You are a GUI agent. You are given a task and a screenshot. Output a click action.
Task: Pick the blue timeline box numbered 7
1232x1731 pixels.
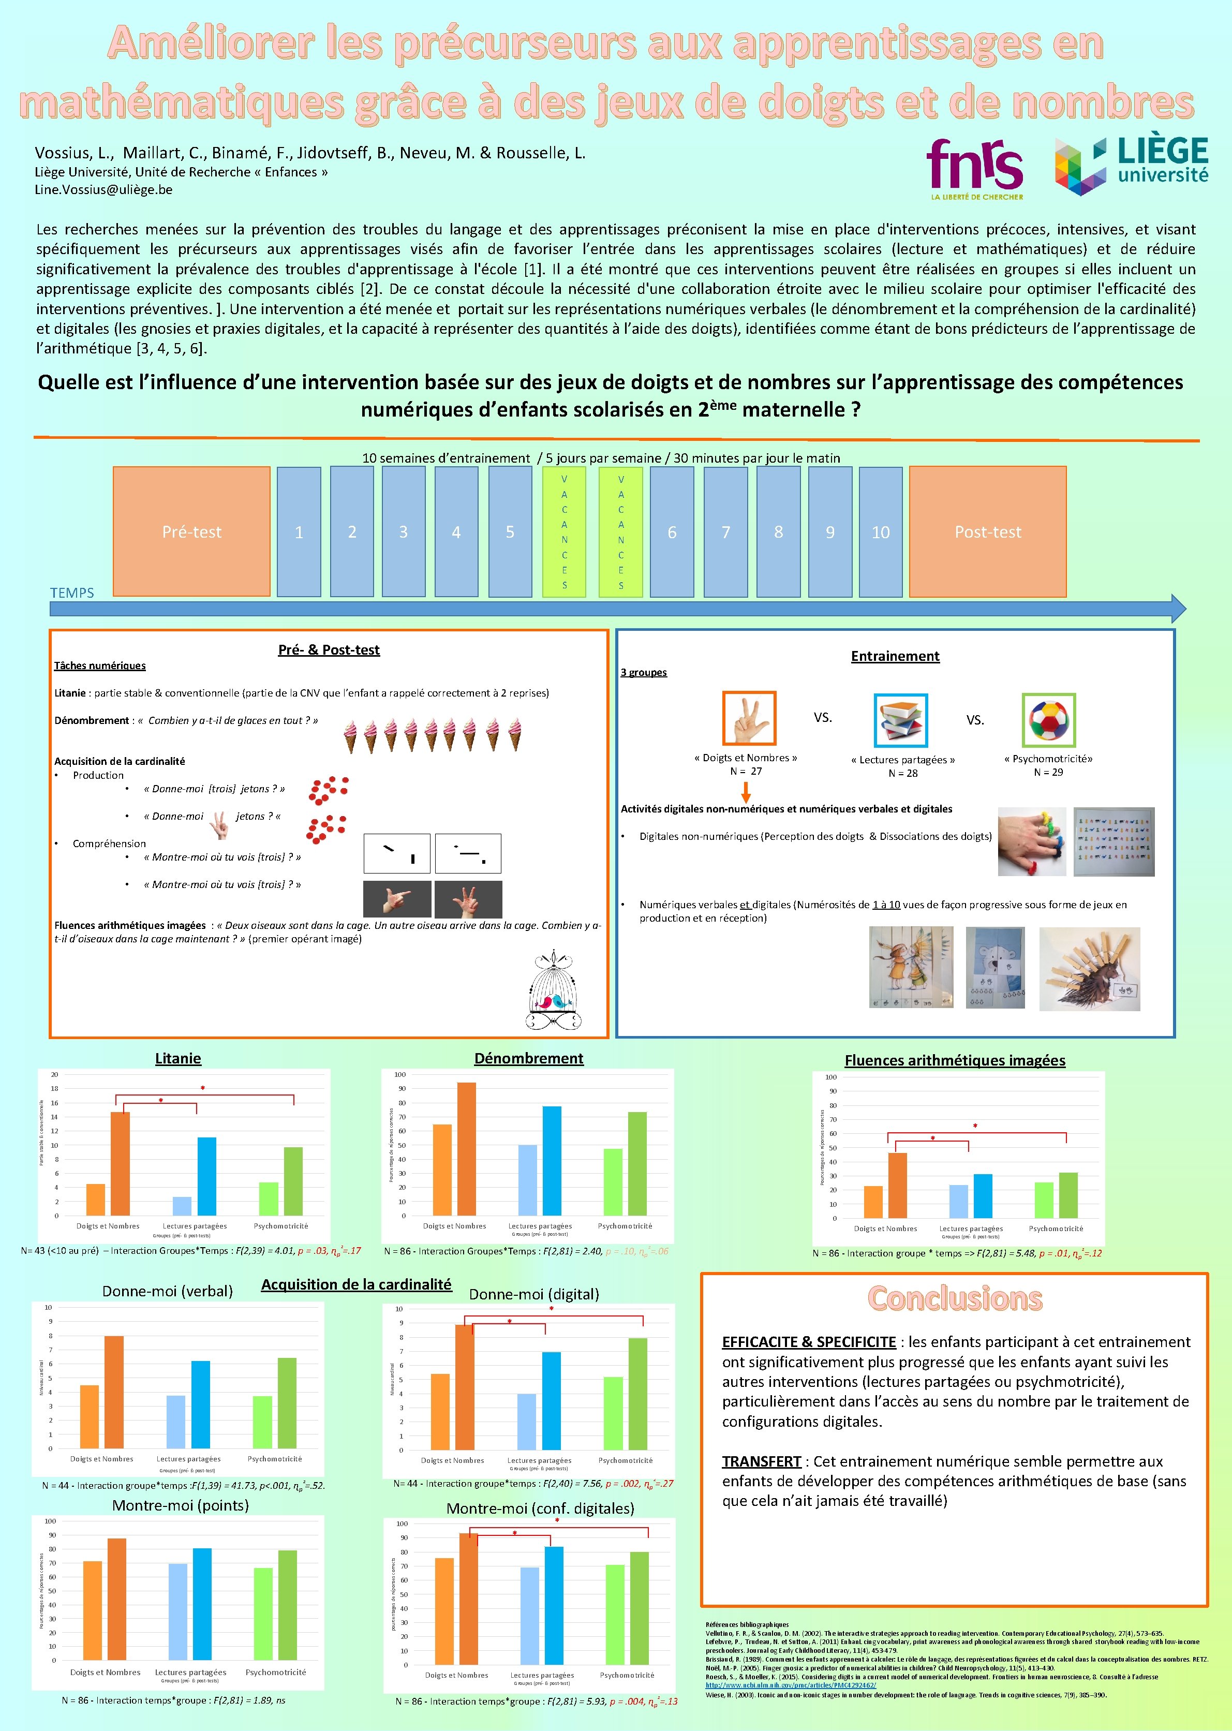tap(725, 531)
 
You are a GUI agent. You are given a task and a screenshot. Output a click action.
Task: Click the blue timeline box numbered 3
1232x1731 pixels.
tap(403, 531)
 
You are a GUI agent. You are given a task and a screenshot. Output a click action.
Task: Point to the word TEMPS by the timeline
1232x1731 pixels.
tap(72, 593)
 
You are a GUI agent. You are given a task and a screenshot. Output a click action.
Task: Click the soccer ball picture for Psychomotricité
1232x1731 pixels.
tap(1048, 720)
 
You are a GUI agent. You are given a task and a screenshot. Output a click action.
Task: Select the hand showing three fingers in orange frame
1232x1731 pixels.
tap(749, 718)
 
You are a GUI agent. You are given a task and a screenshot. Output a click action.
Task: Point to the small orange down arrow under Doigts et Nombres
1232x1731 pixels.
tap(746, 792)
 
